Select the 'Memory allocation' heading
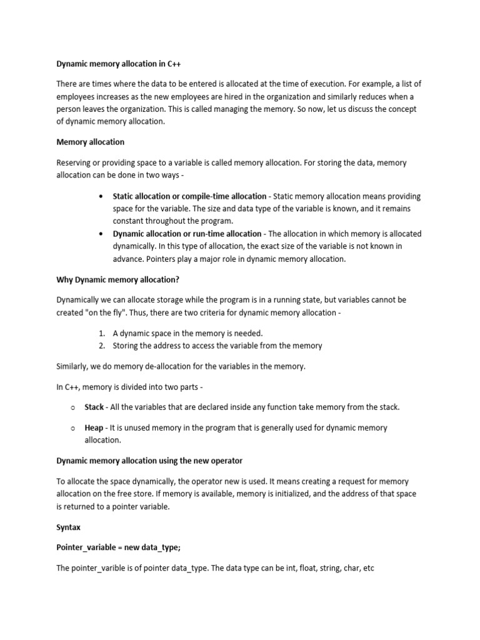pyautogui.click(x=90, y=142)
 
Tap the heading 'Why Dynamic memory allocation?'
pyautogui.click(x=117, y=279)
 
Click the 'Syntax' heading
pyautogui.click(x=68, y=527)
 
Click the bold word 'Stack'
pyautogui.click(x=94, y=407)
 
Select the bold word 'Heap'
pyautogui.click(x=94, y=428)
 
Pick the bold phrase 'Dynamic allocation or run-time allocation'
pyautogui.click(x=187, y=234)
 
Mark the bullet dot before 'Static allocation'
pyautogui.click(x=101, y=197)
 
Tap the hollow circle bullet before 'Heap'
pyautogui.click(x=73, y=428)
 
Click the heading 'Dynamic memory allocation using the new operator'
pyautogui.click(x=149, y=461)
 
